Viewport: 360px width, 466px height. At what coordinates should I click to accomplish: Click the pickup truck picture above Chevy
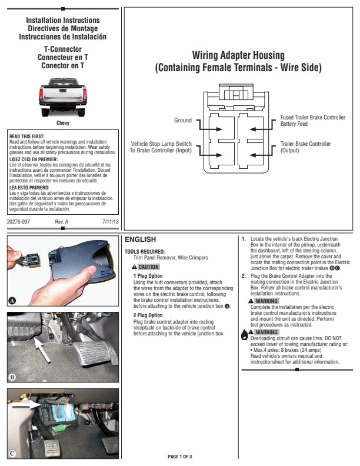coord(62,97)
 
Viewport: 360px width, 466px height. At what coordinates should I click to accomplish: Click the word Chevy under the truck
coord(63,123)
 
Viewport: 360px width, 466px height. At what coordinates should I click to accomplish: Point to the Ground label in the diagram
coord(183,121)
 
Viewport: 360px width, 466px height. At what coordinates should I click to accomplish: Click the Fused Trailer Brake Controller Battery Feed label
coord(312,121)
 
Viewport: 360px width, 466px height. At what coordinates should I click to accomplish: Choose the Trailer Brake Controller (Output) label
coord(305,147)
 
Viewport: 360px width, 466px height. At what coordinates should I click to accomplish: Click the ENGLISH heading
coord(141,239)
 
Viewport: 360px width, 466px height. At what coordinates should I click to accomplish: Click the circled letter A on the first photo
coord(12,301)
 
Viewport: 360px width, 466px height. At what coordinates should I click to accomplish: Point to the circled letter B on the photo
coord(12,377)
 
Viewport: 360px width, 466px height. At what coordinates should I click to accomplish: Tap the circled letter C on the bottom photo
coord(12,453)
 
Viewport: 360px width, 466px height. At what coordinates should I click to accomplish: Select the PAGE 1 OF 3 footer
coord(180,457)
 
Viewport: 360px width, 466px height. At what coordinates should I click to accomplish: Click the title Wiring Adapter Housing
coord(238,55)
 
